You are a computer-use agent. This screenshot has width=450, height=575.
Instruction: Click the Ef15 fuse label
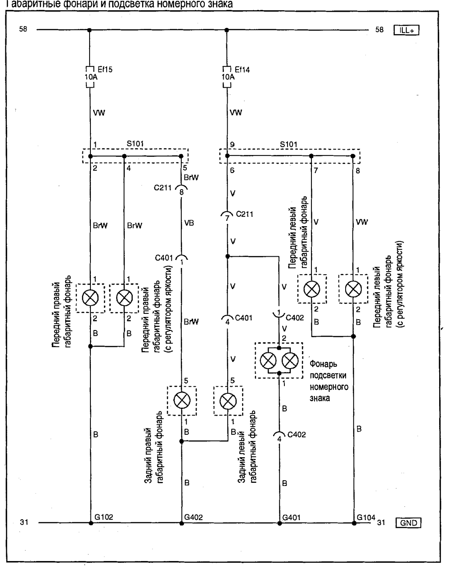[105, 69]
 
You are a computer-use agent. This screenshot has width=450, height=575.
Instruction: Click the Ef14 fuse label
[243, 69]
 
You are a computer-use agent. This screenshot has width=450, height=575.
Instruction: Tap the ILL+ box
[406, 30]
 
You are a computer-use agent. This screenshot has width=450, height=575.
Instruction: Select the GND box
[408, 522]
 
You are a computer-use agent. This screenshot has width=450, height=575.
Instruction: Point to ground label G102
[103, 517]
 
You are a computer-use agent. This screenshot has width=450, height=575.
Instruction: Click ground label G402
[194, 517]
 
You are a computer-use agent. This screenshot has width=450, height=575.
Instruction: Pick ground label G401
[290, 517]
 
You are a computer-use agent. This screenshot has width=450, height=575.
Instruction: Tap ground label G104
[366, 517]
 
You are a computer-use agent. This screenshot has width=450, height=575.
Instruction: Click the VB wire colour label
[189, 223]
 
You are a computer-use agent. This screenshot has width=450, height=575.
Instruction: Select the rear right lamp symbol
[182, 401]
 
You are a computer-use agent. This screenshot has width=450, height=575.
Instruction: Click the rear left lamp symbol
[228, 401]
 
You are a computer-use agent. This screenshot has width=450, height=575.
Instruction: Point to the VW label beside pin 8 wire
[362, 222]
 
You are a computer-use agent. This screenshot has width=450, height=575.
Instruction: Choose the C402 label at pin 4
[297, 435]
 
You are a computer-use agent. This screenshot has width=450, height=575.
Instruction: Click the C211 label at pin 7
[244, 214]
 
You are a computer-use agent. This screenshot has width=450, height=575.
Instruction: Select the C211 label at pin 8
[163, 188]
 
